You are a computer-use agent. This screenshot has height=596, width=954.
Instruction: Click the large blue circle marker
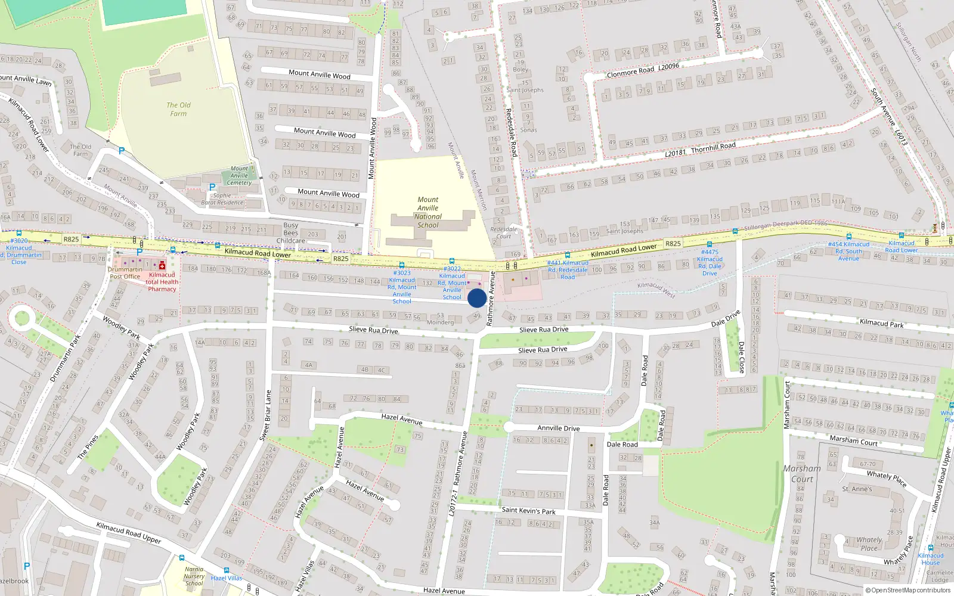click(x=476, y=298)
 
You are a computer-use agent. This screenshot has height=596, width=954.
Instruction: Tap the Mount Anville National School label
click(x=428, y=213)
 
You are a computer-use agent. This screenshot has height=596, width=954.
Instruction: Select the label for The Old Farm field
click(x=178, y=109)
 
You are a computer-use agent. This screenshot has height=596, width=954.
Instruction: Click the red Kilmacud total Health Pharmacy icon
click(x=162, y=265)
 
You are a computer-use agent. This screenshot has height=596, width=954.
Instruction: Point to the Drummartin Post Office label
click(x=125, y=273)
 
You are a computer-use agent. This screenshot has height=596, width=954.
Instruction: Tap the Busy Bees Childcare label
click(x=291, y=233)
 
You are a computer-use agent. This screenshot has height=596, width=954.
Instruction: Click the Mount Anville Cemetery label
click(x=239, y=176)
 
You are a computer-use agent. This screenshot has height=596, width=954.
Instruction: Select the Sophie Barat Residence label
click(x=222, y=199)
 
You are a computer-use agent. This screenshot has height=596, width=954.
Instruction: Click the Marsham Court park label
click(x=802, y=474)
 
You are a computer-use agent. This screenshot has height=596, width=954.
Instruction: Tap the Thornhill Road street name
click(x=713, y=147)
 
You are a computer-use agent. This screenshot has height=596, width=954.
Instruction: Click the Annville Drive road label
click(x=558, y=428)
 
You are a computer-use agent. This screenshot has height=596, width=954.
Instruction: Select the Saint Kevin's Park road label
click(x=528, y=510)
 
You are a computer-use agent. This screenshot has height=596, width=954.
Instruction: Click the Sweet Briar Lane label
click(x=266, y=415)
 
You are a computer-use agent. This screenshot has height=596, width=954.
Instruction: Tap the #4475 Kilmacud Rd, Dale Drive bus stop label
click(x=710, y=263)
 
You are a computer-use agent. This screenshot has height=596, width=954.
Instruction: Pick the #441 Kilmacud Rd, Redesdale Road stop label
click(x=568, y=270)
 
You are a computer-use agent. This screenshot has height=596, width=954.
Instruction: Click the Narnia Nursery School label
click(x=194, y=576)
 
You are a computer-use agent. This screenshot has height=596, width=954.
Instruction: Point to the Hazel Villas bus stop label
click(x=227, y=578)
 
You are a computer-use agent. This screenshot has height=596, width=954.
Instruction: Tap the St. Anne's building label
click(x=857, y=489)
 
